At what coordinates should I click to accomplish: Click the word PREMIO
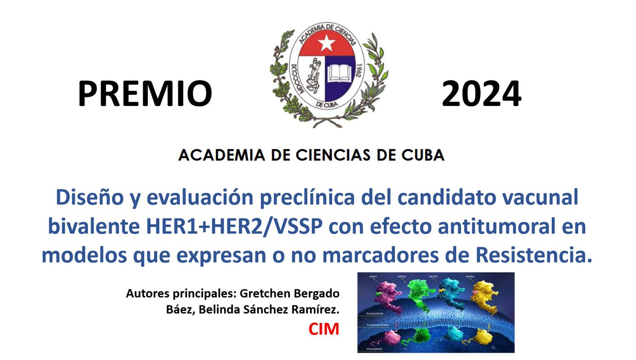pyautogui.click(x=145, y=94)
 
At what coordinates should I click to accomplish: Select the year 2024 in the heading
pyautogui.click(x=481, y=94)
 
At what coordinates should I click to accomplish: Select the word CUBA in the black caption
pyautogui.click(x=418, y=155)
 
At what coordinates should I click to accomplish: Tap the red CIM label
pyautogui.click(x=323, y=330)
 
